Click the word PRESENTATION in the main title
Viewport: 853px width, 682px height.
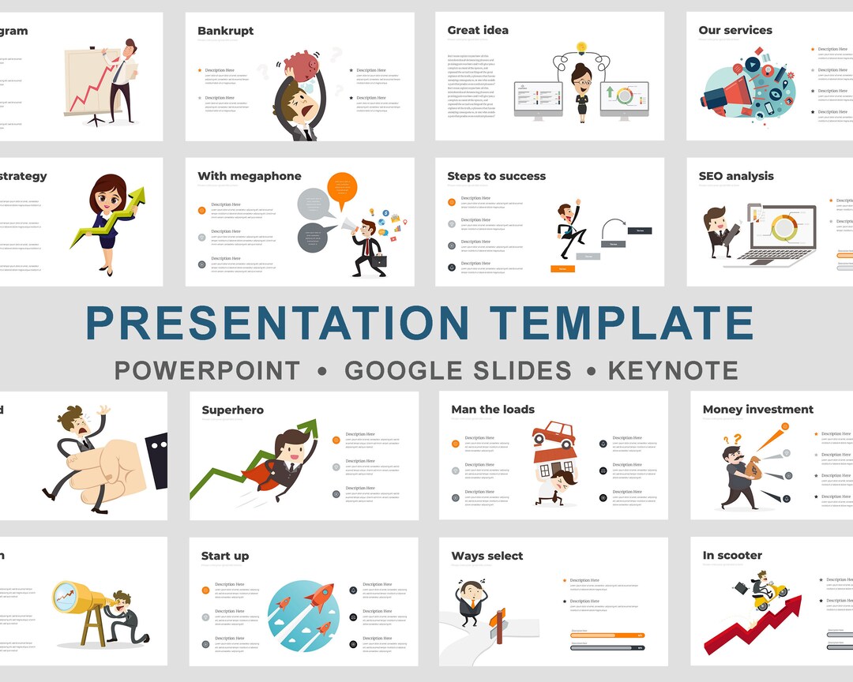[276, 323]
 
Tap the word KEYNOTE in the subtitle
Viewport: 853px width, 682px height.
[673, 370]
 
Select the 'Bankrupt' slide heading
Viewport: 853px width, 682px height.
[225, 31]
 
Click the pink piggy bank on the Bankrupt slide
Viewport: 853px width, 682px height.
[300, 65]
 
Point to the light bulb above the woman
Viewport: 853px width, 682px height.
[582, 47]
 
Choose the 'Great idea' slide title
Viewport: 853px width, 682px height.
[478, 31]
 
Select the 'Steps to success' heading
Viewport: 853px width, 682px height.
[496, 176]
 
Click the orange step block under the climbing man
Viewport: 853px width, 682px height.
[562, 269]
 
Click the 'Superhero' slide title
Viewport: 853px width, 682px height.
[232, 410]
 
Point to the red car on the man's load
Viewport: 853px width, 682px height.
[554, 433]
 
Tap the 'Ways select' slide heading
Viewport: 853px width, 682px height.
[487, 556]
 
